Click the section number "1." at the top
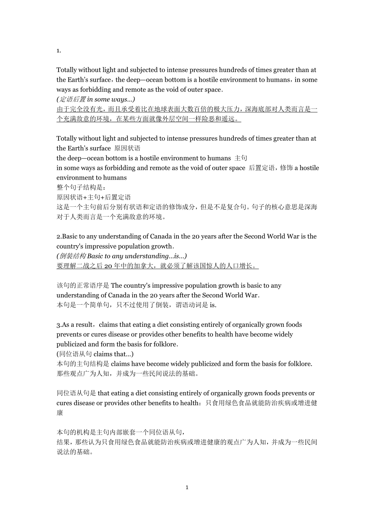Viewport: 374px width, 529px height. pyautogui.click(x=59, y=50)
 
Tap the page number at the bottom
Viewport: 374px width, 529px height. pyautogui.click(x=187, y=487)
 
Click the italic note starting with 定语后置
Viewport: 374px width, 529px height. pyautogui.click(x=96, y=100)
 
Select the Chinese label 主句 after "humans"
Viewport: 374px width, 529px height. pyautogui.click(x=241, y=158)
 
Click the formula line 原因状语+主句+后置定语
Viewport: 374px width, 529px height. pyautogui.click(x=93, y=197)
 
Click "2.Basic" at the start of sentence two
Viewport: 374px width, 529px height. pyautogui.click(x=66, y=236)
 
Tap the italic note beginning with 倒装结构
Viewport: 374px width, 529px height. pyautogui.click(x=122, y=256)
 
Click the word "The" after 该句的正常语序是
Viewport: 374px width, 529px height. pyautogui.click(x=116, y=286)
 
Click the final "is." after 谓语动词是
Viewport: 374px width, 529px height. pyautogui.click(x=213, y=305)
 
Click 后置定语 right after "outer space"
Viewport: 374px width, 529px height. pyautogui.click(x=261, y=168)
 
